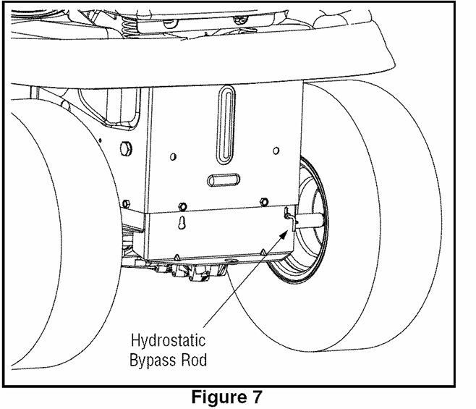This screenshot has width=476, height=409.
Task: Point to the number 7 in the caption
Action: [258, 397]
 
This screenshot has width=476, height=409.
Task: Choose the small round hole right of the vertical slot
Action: [276, 151]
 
